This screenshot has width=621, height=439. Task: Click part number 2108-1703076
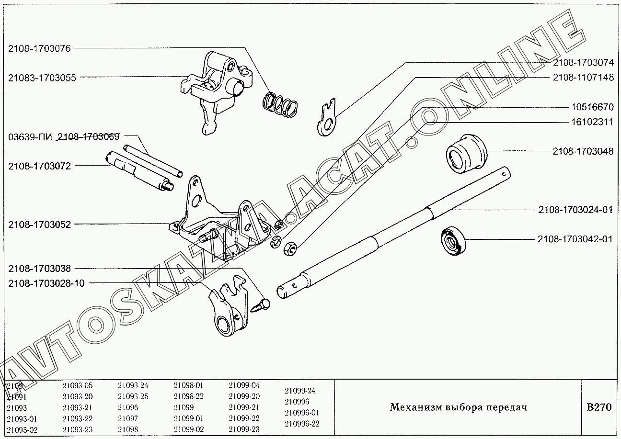pos(39,48)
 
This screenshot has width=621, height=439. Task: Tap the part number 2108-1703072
pos(39,166)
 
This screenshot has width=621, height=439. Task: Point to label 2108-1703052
pos(39,224)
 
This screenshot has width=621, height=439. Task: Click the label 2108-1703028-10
pos(46,283)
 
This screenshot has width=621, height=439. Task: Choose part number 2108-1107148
pos(583,77)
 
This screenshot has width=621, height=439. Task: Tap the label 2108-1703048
pos(583,151)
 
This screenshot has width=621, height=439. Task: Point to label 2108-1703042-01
pos(575,239)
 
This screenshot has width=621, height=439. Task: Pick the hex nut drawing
pos(290,248)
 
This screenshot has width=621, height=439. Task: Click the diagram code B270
pos(599,407)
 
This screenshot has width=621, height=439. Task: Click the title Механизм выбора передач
pos(458,407)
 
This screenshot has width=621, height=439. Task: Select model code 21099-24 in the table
pos(299,390)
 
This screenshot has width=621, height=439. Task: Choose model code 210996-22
pos(301,424)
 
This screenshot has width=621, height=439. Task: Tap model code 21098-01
pos(188,385)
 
